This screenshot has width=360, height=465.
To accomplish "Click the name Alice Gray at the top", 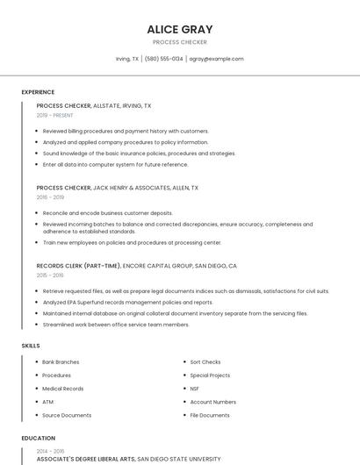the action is (180, 29).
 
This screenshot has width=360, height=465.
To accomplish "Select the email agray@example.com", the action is (216, 59).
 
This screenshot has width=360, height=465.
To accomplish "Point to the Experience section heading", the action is (38, 92).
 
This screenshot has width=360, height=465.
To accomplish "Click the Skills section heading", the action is (31, 346).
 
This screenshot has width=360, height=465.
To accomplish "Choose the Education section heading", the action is (38, 438).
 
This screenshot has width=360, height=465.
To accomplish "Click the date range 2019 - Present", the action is (55, 115).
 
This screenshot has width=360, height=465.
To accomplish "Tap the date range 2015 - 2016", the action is (50, 275).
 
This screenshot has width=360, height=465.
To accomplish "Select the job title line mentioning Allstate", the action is (94, 105).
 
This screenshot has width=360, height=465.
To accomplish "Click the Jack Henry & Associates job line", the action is (117, 188).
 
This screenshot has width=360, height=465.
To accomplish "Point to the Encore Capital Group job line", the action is (136, 265).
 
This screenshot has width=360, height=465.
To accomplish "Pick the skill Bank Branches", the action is (61, 361).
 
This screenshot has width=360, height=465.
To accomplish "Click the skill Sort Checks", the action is (205, 361).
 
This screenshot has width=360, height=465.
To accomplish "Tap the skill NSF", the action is (194, 388).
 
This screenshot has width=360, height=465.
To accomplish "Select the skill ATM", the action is (47, 402).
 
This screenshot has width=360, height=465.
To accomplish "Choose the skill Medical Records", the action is (62, 388).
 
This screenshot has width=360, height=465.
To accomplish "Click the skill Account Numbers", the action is (212, 402).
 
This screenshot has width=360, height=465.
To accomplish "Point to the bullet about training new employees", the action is (132, 242).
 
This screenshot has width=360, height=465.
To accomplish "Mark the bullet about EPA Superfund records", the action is (126, 302).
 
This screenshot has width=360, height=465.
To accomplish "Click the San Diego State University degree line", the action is (128, 459).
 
